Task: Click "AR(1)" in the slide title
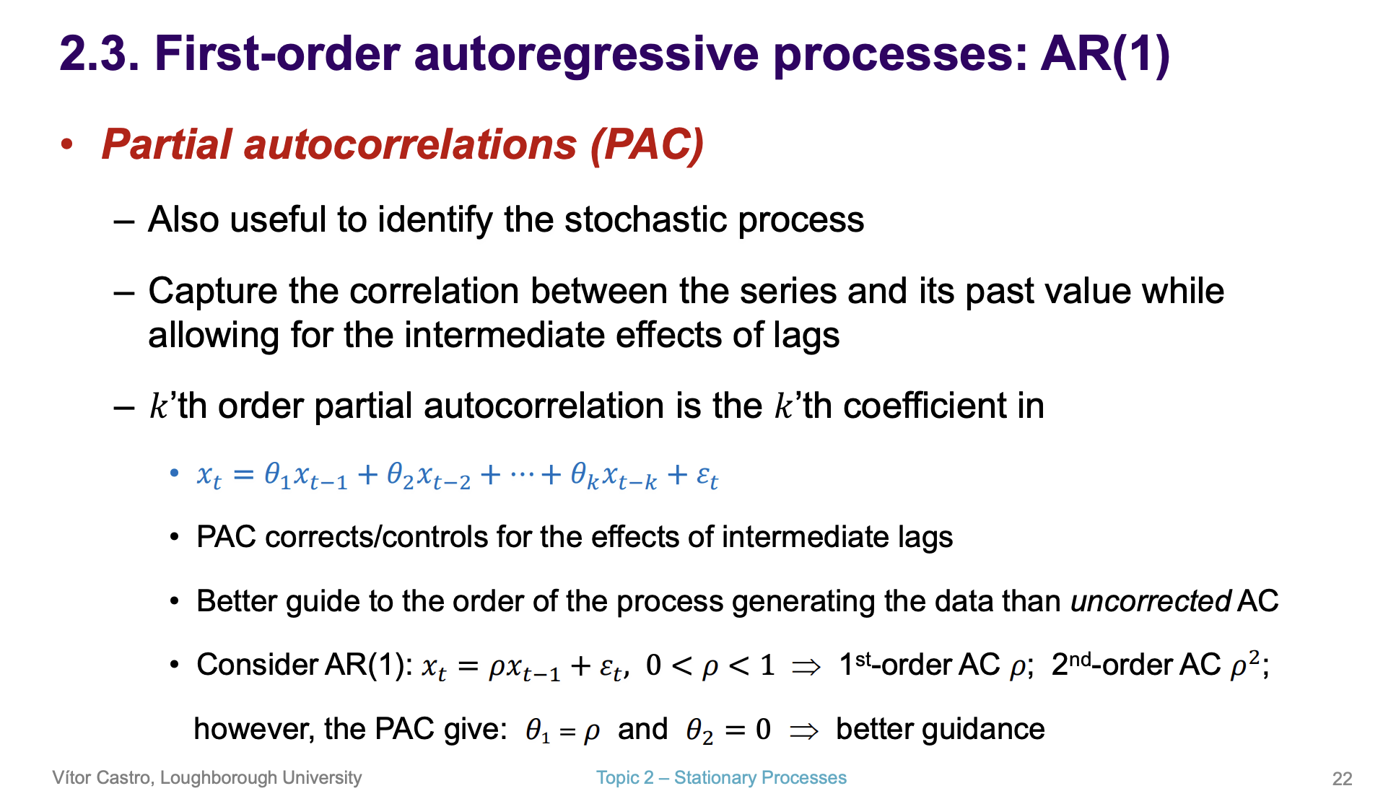pyautogui.click(x=1105, y=55)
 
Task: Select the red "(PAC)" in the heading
pyautogui.click(x=646, y=144)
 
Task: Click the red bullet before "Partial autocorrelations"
pyautogui.click(x=67, y=144)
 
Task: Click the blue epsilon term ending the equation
pyautogui.click(x=707, y=477)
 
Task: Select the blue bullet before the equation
pyautogui.click(x=174, y=473)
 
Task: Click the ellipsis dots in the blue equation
pyautogui.click(x=523, y=475)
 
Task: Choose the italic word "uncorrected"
pyautogui.click(x=1151, y=601)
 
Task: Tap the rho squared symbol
pyautogui.click(x=1245, y=665)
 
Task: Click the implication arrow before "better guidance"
pyautogui.click(x=804, y=731)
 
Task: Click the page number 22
pyautogui.click(x=1342, y=779)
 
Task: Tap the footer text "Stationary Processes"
pyautogui.click(x=760, y=778)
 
